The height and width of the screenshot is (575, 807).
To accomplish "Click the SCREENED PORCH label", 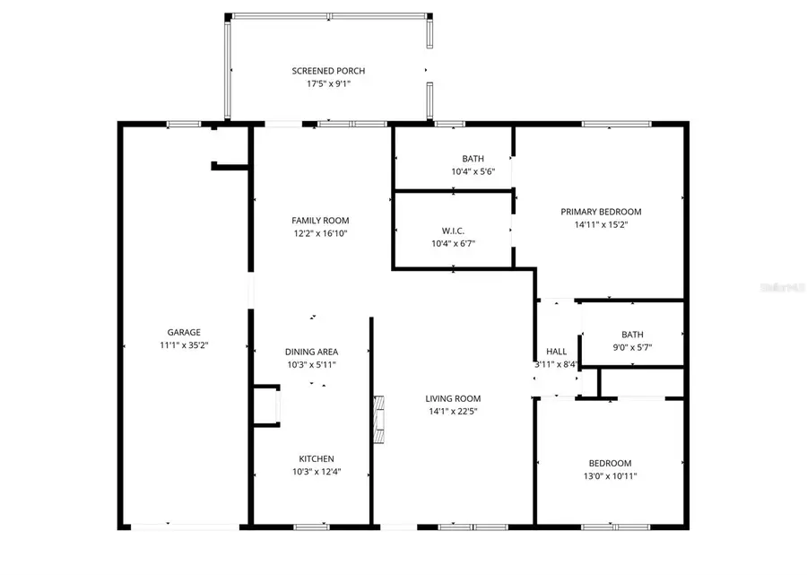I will [328, 71].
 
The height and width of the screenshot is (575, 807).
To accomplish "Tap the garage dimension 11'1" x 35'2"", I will [183, 344].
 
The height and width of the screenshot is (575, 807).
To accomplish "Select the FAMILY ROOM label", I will [320, 221].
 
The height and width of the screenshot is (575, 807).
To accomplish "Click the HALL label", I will [556, 352].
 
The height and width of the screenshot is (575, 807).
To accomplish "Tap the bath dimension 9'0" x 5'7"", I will [632, 346].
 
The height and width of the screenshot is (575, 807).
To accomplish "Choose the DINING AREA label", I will [311, 352].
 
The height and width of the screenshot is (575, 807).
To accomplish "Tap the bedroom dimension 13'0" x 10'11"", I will [610, 476].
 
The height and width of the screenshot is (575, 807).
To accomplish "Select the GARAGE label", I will [183, 332].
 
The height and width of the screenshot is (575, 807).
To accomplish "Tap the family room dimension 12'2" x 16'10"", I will [320, 233].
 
